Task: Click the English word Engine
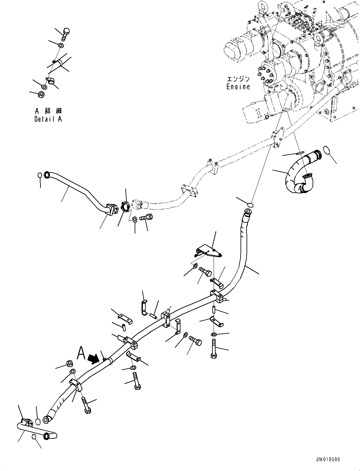[x=238, y=87]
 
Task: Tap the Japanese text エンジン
[x=238, y=79]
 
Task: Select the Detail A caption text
[x=48, y=119]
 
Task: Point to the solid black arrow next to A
[x=93, y=358]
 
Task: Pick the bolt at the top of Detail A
[x=65, y=34]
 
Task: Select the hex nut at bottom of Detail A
[x=41, y=94]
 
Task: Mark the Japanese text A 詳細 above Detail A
[x=48, y=111]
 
